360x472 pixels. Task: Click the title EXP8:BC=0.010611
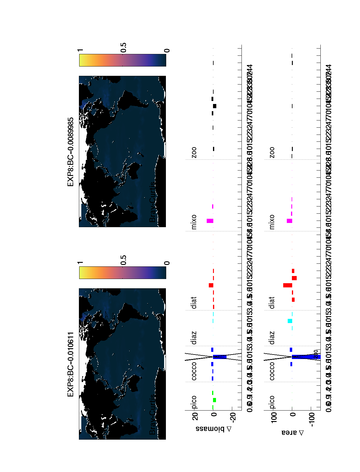point(70,364)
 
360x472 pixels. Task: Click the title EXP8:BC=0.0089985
point(70,152)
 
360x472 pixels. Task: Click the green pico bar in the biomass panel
point(214,400)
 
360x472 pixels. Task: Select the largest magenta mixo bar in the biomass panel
point(210,221)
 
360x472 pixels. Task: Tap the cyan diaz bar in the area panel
point(290,321)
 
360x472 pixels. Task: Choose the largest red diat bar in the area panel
point(287,285)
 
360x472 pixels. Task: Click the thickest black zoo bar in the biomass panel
point(214,106)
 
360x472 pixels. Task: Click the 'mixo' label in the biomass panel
point(194,222)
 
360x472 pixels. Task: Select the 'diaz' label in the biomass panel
point(194,338)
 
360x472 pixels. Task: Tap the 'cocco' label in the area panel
point(272,371)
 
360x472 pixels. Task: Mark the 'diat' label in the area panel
point(272,303)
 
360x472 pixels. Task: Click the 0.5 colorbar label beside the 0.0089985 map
point(124,48)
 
